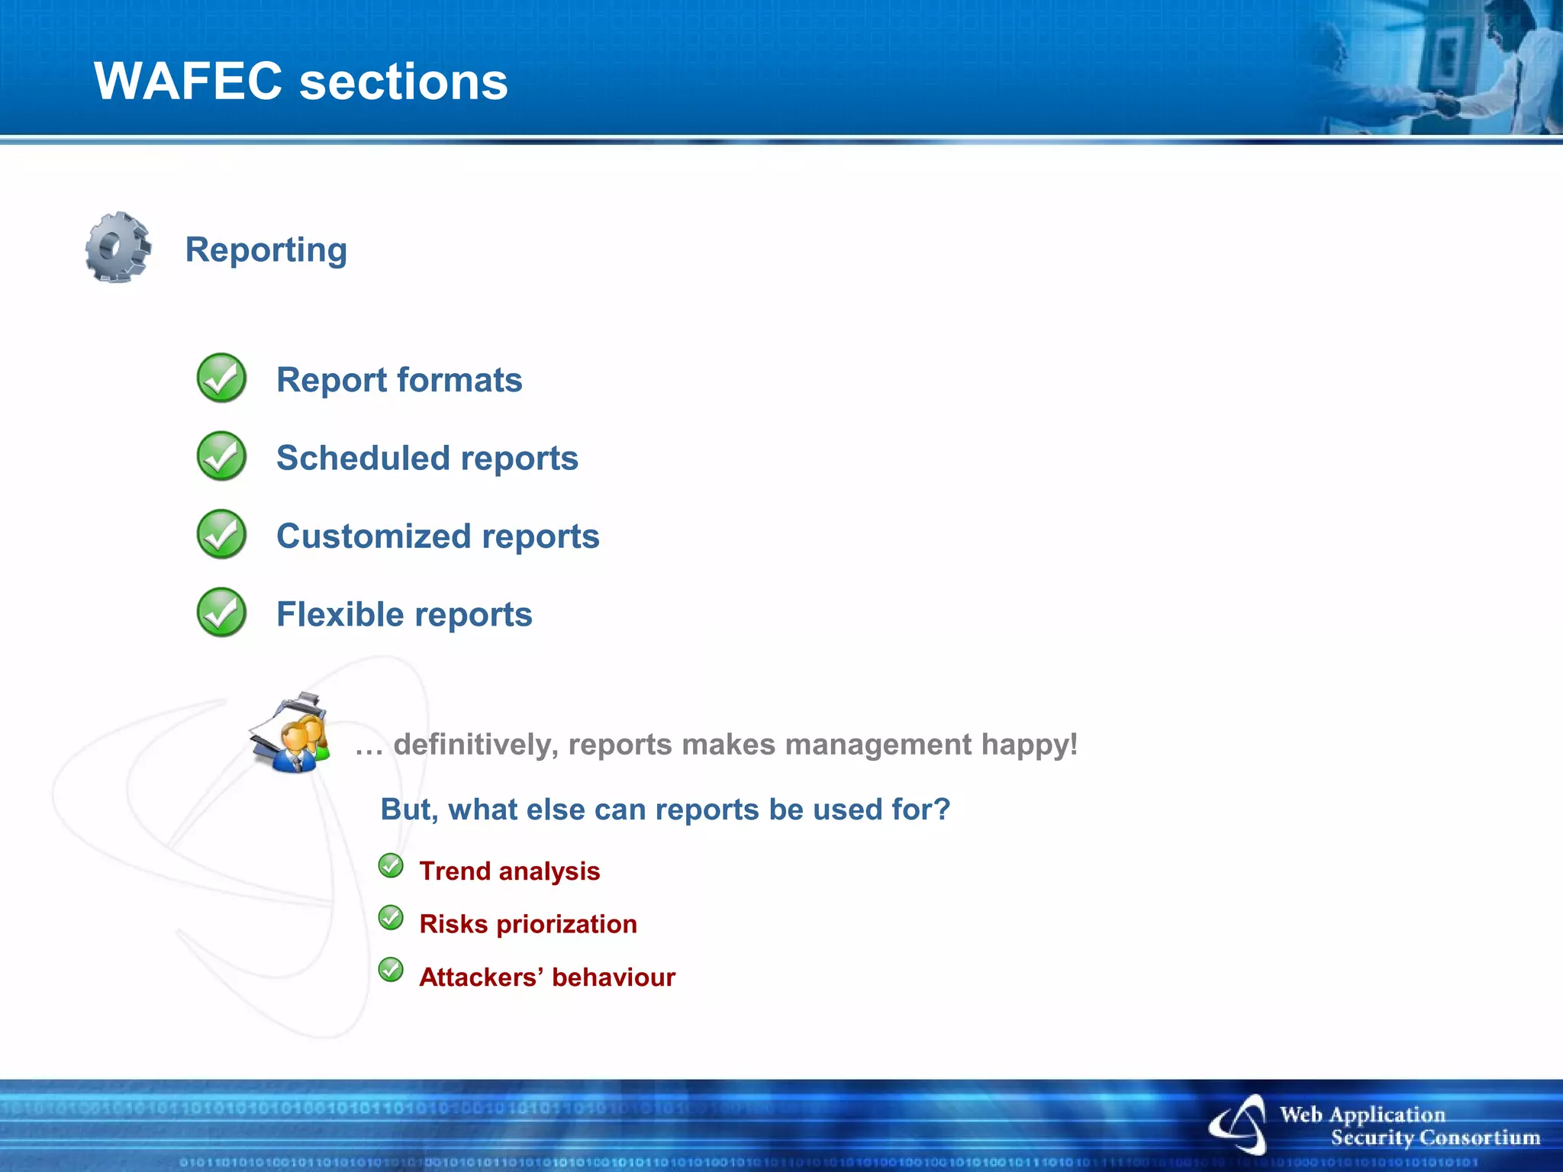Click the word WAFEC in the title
coord(188,81)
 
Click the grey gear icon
coord(118,247)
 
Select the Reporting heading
coord(266,250)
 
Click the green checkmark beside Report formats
coord(221,378)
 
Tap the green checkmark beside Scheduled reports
coord(221,456)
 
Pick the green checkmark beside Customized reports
coord(221,534)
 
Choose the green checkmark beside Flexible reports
coord(221,612)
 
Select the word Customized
coord(374,536)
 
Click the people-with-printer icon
coord(291,733)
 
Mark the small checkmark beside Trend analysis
coord(391,866)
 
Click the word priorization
coord(566,924)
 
